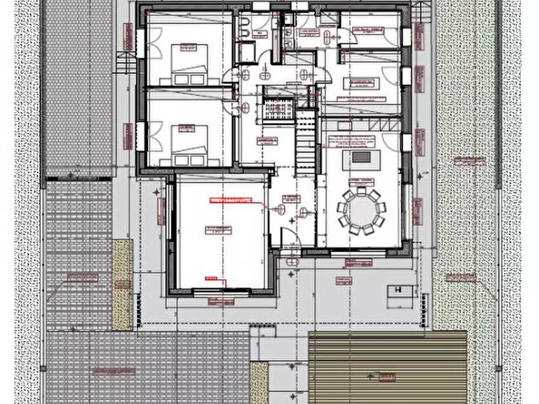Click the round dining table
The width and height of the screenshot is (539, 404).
(x=362, y=210)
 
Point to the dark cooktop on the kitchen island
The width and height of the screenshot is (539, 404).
(x=362, y=157)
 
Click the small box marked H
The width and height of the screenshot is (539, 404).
(x=398, y=290)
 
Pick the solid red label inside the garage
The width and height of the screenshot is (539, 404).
(x=229, y=200)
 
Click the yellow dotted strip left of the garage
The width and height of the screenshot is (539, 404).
(x=123, y=283)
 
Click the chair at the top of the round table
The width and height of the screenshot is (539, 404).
(x=362, y=190)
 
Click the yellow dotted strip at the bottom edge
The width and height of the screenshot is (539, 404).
(x=259, y=382)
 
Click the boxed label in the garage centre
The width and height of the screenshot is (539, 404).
(x=218, y=229)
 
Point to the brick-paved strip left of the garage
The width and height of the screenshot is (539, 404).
(x=79, y=253)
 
